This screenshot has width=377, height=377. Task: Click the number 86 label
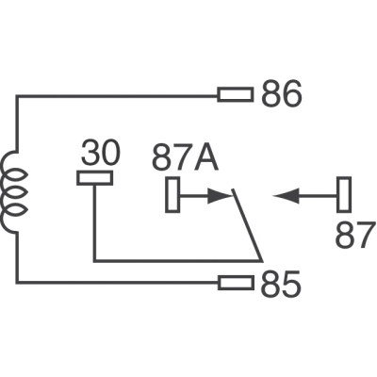tap(280, 95)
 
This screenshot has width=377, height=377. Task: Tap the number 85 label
tap(280, 283)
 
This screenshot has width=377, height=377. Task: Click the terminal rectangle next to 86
tap(236, 94)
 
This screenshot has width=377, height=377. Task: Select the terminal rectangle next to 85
tap(236, 282)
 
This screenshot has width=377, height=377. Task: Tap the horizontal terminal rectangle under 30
tap(94, 177)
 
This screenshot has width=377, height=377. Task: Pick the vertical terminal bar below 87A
tap(172, 196)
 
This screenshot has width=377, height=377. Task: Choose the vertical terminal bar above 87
tap(345, 196)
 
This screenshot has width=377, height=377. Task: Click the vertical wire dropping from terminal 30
tap(94, 221)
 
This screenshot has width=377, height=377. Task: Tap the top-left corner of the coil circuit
tap(15, 94)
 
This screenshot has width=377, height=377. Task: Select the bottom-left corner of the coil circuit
tap(15, 282)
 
